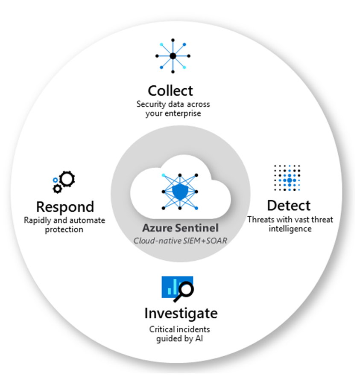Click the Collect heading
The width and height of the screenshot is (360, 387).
170,90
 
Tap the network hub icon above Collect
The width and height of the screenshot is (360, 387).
173,56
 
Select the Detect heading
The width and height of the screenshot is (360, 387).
289,205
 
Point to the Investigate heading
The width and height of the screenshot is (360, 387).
181,313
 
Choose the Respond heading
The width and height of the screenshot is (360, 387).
65,207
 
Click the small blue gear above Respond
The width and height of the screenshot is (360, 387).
56,181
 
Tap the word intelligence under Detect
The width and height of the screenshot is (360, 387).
290,229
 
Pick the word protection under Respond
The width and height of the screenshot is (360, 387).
65,230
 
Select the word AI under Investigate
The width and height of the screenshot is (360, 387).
199,339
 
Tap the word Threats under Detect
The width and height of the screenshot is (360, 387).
259,220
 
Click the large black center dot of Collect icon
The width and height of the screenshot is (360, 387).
173,56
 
